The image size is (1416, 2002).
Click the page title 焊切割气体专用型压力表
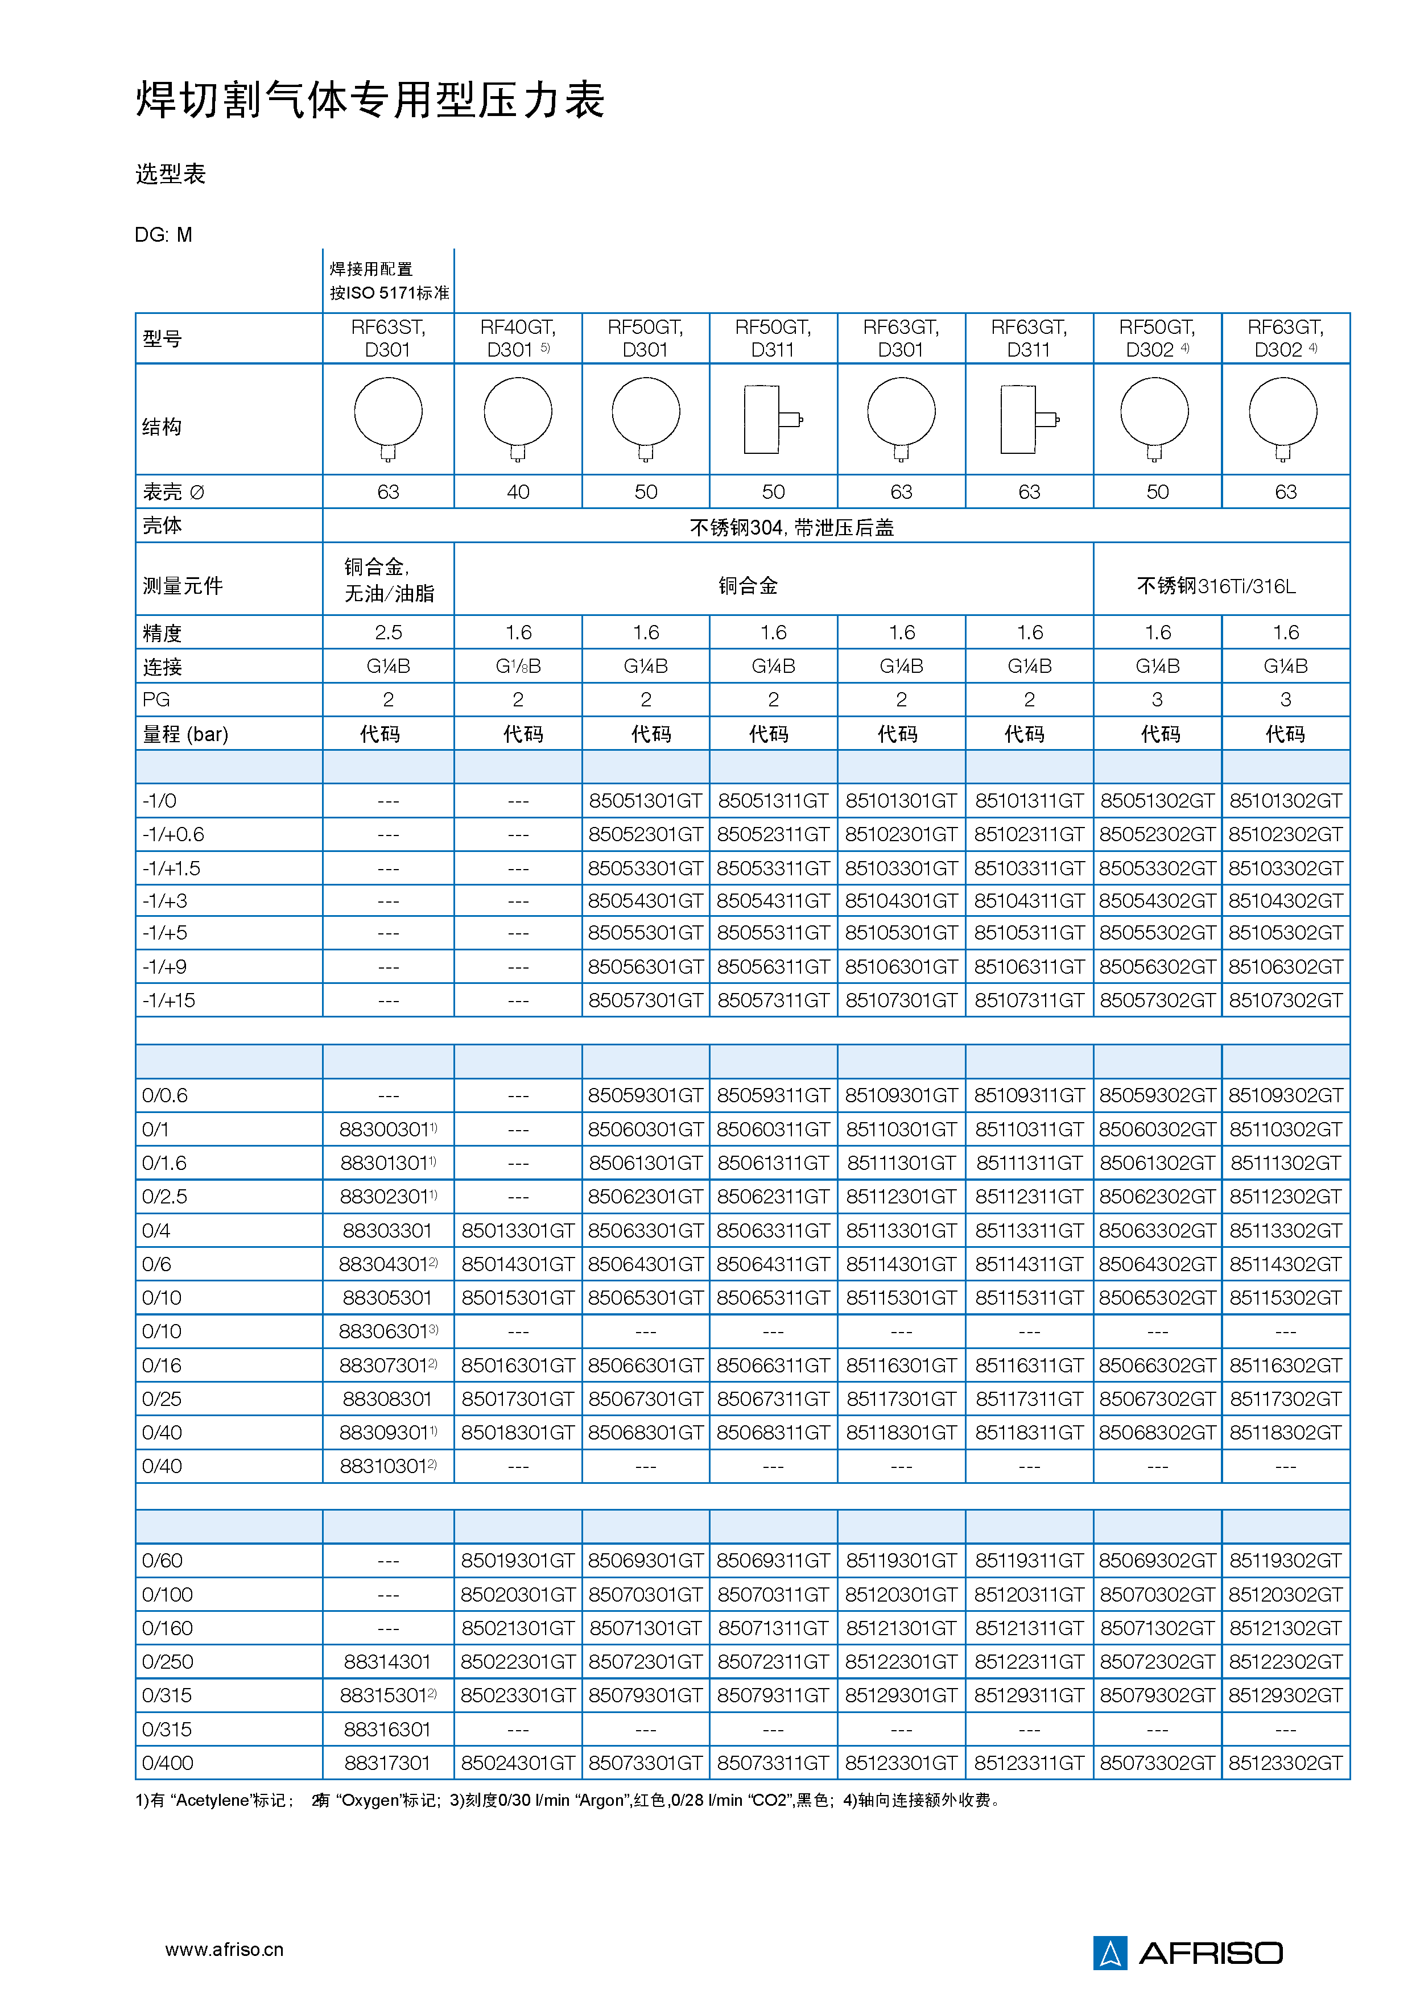point(370,100)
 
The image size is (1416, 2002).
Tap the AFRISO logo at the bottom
point(1187,1953)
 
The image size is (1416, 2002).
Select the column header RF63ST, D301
point(388,338)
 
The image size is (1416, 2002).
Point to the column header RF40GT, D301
point(518,338)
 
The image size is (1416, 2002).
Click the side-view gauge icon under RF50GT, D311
point(773,419)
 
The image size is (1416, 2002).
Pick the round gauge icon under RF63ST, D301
point(388,417)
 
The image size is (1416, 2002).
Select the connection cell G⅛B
point(518,666)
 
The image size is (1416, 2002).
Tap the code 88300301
point(385,1129)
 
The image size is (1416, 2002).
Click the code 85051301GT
point(645,800)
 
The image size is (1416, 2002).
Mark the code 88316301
point(387,1729)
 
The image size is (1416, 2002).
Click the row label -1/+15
point(169,1000)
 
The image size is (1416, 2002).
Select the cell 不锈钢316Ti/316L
point(1216,586)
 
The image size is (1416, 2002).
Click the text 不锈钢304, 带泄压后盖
point(792,528)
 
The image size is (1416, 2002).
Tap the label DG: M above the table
point(164,234)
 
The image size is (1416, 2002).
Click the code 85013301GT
point(518,1230)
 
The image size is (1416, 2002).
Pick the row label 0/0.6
point(165,1095)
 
